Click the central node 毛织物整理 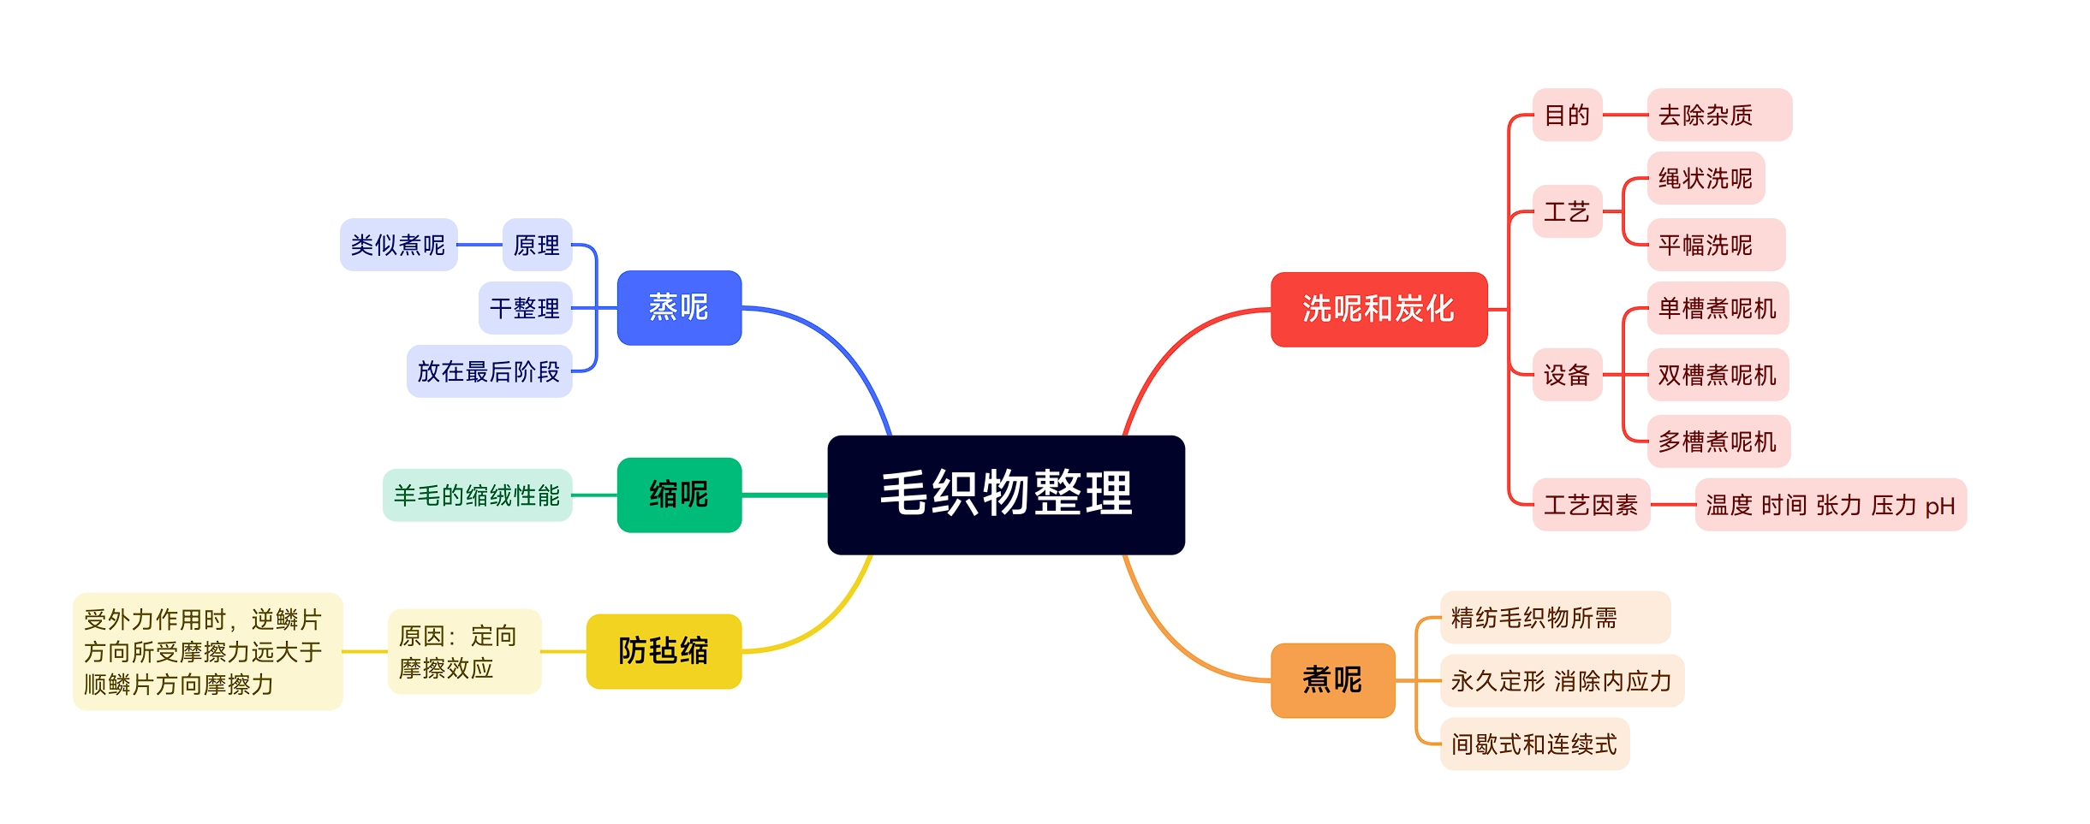click(x=1005, y=495)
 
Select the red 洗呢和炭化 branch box click(x=1378, y=309)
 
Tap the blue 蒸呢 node click(x=679, y=308)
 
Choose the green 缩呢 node click(x=679, y=495)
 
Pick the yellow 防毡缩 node click(x=664, y=651)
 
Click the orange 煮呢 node click(x=1332, y=680)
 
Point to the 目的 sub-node click(x=1567, y=115)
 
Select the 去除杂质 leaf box click(x=1718, y=115)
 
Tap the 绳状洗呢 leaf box click(x=1706, y=178)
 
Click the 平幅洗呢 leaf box click(x=1715, y=245)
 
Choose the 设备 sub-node click(x=1567, y=375)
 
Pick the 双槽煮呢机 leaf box click(x=1718, y=375)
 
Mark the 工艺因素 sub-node click(x=1591, y=505)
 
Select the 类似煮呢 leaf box click(x=398, y=245)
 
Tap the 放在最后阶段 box click(x=489, y=371)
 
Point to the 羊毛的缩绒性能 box click(x=477, y=495)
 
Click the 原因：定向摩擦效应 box click(x=464, y=651)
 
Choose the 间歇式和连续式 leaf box click(x=1534, y=744)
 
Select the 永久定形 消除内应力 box click(x=1562, y=680)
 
